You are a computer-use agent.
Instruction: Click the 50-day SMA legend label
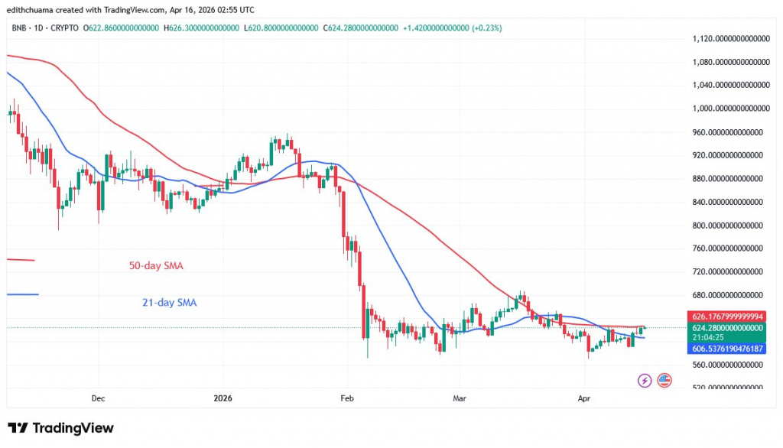point(155,266)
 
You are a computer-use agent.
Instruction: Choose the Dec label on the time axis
point(98,398)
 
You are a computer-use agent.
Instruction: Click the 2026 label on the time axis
point(223,398)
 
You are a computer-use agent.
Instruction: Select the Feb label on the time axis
point(346,398)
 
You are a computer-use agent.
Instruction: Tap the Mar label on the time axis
point(460,398)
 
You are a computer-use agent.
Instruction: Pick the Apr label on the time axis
point(584,398)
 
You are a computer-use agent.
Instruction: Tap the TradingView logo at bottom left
point(60,428)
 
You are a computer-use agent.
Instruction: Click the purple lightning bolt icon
point(644,380)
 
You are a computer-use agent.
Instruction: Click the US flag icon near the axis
point(664,380)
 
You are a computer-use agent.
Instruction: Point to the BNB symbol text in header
point(20,28)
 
